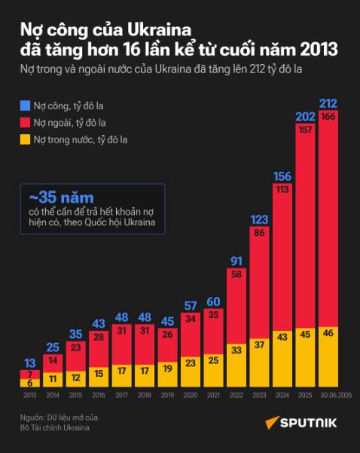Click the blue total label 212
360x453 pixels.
(328, 103)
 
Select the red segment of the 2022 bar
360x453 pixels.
(236, 306)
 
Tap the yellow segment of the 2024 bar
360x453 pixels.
(282, 359)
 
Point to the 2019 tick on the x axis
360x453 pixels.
(167, 395)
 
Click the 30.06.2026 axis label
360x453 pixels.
(336, 395)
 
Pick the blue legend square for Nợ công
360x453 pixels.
(25, 106)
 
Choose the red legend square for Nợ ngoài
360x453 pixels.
(25, 123)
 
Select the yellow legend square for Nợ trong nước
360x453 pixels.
(25, 140)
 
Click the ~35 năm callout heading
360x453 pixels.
(62, 197)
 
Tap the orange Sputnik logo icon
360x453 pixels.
(272, 422)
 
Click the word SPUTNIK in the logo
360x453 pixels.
(309, 424)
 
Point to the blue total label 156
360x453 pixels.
(282, 176)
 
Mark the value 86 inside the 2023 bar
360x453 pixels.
(259, 233)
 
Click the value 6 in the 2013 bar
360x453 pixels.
(29, 383)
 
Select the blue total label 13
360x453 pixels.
(29, 363)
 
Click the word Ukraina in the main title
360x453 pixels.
(160, 30)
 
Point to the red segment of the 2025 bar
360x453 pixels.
(305, 226)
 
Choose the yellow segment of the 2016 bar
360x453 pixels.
(99, 378)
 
